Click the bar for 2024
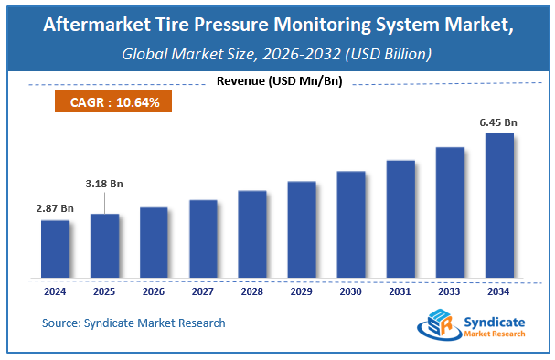click(55, 249)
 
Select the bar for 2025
click(104, 246)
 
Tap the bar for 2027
click(203, 238)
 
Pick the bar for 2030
click(351, 224)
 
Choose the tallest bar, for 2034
click(499, 206)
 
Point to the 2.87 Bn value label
click(55, 209)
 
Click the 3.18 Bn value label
click(104, 184)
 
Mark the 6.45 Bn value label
click(499, 122)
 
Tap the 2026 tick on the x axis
click(154, 292)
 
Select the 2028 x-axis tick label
click(252, 292)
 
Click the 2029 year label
click(302, 292)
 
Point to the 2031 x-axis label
click(400, 292)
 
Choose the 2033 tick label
click(450, 292)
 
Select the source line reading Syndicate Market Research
click(133, 323)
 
